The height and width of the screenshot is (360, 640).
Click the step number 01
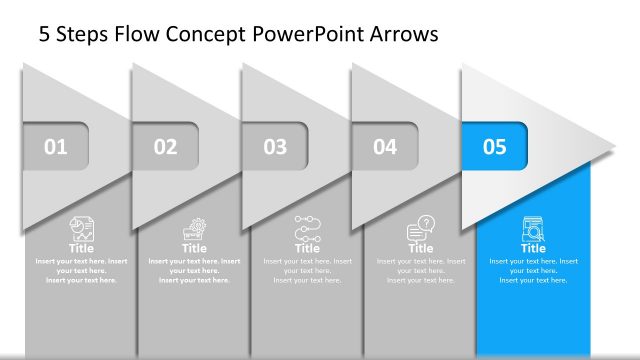click(x=56, y=147)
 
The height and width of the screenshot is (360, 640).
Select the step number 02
click(x=165, y=147)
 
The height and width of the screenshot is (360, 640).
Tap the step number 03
click(x=275, y=147)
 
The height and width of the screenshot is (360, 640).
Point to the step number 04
click(x=385, y=147)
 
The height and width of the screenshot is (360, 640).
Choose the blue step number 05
click(x=495, y=147)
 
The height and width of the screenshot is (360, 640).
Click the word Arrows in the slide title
click(x=402, y=35)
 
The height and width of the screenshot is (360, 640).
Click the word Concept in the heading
click(x=191, y=35)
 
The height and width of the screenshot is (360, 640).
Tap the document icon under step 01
click(x=81, y=228)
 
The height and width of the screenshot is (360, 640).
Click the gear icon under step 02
click(x=194, y=228)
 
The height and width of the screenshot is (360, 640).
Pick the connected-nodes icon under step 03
click(x=307, y=227)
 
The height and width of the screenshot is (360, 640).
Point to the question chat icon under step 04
click(x=421, y=229)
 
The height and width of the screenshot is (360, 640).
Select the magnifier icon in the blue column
click(x=533, y=229)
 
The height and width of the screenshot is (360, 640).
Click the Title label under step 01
click(x=81, y=248)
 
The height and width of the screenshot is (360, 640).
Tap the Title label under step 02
click(x=194, y=248)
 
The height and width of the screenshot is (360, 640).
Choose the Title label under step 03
click(x=307, y=248)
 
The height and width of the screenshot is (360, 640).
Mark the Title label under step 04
click(x=421, y=248)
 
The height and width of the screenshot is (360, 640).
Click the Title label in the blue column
click(x=533, y=248)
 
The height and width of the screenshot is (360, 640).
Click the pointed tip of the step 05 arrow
click(x=611, y=146)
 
